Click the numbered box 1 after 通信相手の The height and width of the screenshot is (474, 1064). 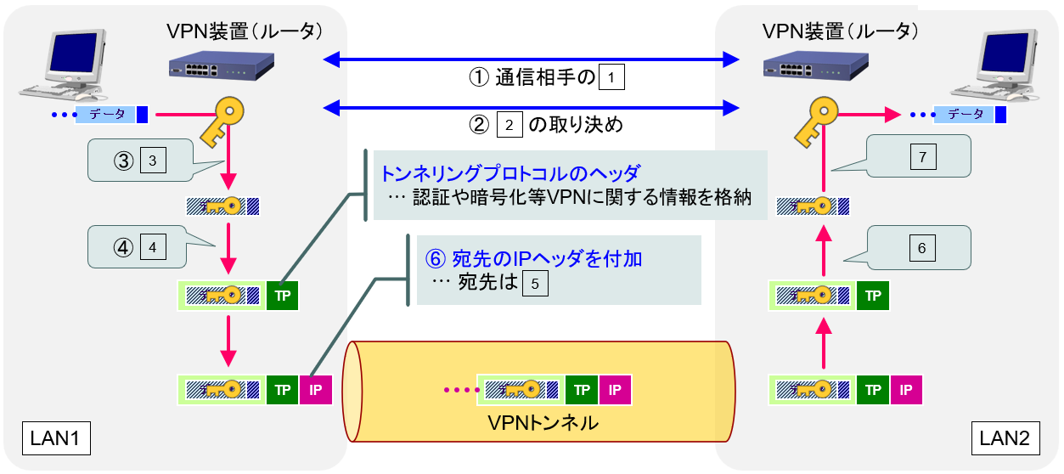[x=611, y=78]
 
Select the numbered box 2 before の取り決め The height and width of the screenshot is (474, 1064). [x=509, y=126]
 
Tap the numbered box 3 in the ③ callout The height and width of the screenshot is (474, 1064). [x=152, y=161]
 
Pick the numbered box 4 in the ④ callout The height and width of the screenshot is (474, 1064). [x=152, y=248]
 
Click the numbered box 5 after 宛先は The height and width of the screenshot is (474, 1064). [x=535, y=283]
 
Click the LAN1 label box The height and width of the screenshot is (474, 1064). [x=55, y=438]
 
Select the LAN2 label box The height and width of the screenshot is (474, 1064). [x=1005, y=438]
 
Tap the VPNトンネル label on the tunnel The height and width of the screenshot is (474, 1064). [x=543, y=421]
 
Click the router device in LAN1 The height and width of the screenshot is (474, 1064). [x=220, y=65]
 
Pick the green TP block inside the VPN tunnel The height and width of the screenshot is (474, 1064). [x=582, y=390]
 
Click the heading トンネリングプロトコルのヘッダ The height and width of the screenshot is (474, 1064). [x=509, y=172]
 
